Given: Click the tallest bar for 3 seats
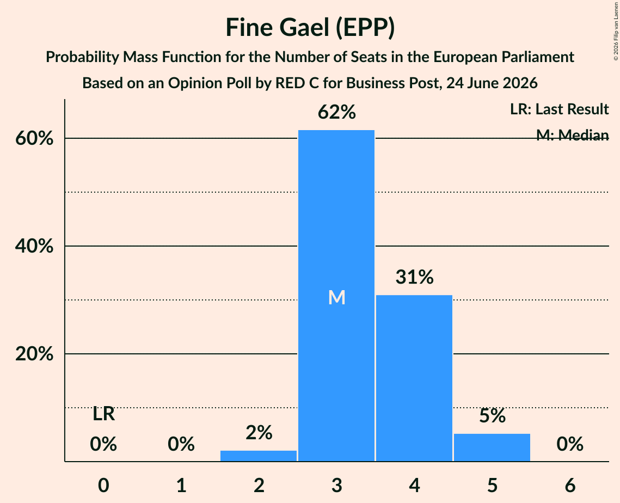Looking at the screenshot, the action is click(x=336, y=296).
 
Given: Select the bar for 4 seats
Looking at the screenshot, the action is click(x=414, y=378).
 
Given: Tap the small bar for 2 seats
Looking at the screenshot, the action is click(x=259, y=456).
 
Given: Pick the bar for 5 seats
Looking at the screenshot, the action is click(x=492, y=447).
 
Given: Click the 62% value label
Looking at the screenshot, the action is click(x=337, y=112).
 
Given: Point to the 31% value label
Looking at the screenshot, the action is click(x=414, y=277).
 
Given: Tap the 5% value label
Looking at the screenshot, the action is click(x=492, y=415).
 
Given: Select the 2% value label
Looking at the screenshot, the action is click(x=259, y=433).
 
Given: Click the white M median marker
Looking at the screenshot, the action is click(x=337, y=297).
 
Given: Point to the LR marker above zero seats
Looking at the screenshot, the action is click(x=103, y=414).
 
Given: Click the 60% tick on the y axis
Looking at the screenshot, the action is click(x=34, y=138).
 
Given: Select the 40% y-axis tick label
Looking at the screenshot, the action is click(x=34, y=246).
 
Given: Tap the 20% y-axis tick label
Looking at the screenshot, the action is click(x=34, y=353).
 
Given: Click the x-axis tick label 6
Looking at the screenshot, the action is click(x=570, y=485).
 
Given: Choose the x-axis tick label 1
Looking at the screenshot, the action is click(x=181, y=485).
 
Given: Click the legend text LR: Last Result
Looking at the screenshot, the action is click(x=559, y=109).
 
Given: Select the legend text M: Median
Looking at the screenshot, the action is click(x=572, y=135).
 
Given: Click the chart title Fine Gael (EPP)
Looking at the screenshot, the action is click(x=310, y=27).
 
